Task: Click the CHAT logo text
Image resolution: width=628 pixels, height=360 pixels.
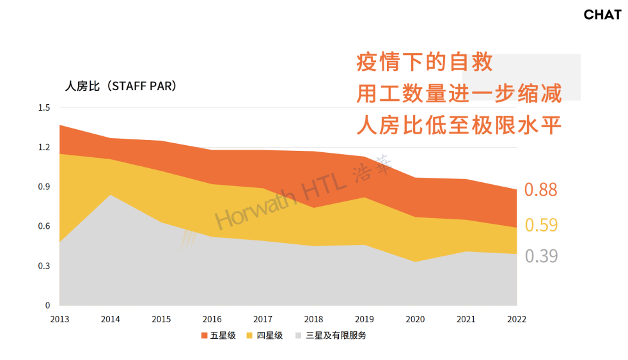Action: [x=602, y=15]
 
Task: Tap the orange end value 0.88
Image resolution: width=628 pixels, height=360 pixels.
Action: [x=540, y=189]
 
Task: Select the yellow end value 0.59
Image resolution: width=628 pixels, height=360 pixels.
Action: [x=541, y=225]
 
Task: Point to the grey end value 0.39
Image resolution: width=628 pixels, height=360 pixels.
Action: [x=541, y=256]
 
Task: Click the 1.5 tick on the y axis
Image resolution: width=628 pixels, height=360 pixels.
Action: [x=44, y=107]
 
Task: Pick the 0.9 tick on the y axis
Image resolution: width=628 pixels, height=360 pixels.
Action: [x=44, y=187]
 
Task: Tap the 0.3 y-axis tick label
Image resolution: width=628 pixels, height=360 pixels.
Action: [x=44, y=266]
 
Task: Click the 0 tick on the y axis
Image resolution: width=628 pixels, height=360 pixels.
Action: [x=48, y=306]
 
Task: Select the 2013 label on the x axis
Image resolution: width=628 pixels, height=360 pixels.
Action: [x=59, y=319]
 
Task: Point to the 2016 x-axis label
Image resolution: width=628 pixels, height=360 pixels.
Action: [x=212, y=319]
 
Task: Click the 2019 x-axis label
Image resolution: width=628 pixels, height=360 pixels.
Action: [x=364, y=319]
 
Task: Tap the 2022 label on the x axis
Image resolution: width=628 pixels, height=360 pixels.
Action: [x=517, y=319]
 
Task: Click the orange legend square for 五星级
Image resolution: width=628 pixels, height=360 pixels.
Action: [x=204, y=336]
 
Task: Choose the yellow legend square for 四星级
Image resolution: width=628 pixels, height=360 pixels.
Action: [x=249, y=336]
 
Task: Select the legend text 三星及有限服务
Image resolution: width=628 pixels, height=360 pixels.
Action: [x=336, y=336]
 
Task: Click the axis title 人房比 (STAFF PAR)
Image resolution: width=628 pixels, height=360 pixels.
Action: [x=121, y=86]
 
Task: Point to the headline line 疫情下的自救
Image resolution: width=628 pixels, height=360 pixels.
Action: [x=425, y=63]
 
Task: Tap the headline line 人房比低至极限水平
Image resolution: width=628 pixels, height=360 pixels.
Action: [x=459, y=125]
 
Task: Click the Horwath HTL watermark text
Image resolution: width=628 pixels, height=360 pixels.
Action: [x=302, y=192]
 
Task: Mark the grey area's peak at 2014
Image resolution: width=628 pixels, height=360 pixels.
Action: [x=111, y=195]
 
